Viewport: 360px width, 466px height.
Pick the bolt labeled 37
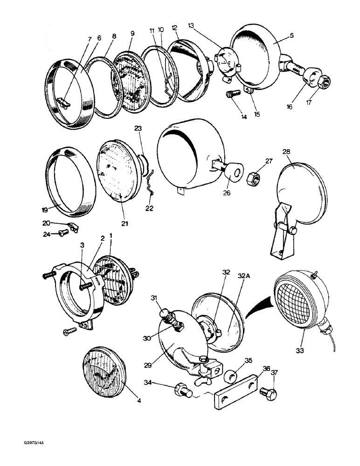(x=269, y=394)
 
